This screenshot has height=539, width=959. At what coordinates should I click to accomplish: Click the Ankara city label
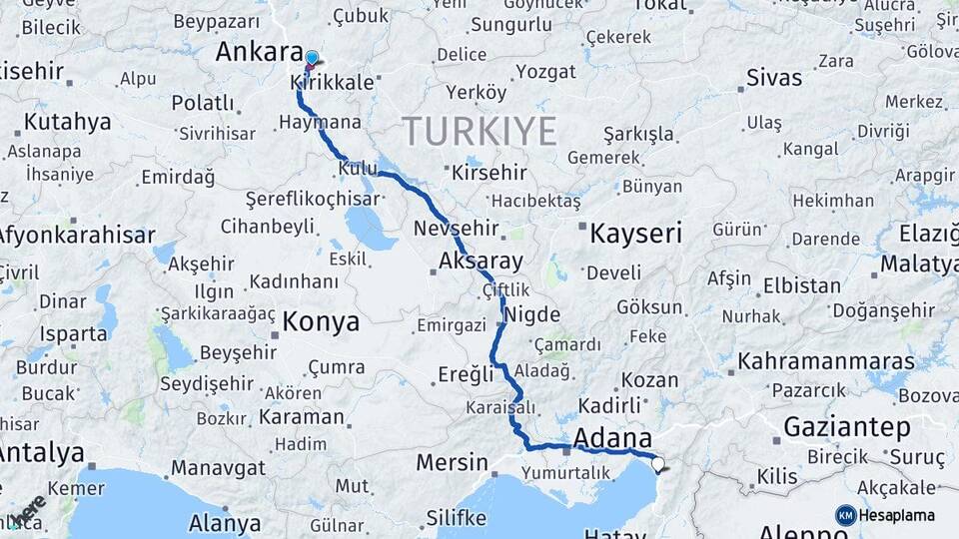pos(259,52)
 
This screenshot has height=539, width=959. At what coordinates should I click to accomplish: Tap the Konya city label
pos(320,321)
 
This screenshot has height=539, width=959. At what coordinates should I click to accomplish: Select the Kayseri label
pos(635,235)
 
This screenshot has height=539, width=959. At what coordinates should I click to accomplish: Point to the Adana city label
pos(612,437)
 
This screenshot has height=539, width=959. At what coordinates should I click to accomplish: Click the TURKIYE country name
pos(479,131)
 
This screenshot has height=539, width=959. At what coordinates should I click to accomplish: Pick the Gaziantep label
pos(847,427)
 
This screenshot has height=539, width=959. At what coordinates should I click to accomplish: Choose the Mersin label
pos(452,464)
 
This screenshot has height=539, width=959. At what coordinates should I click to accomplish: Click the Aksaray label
pos(480,263)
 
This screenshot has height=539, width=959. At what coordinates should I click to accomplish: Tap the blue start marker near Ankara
pos(312,59)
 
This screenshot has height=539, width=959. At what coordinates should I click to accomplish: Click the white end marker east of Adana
pos(657,462)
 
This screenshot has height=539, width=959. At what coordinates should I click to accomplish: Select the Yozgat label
pos(544,72)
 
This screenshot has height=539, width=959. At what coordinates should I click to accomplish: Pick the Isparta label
pos(73,333)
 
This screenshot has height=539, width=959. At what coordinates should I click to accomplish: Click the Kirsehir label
pos(489,173)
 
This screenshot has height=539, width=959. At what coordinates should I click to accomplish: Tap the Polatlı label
pos(203,103)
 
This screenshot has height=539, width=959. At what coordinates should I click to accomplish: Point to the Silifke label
pos(456,518)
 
